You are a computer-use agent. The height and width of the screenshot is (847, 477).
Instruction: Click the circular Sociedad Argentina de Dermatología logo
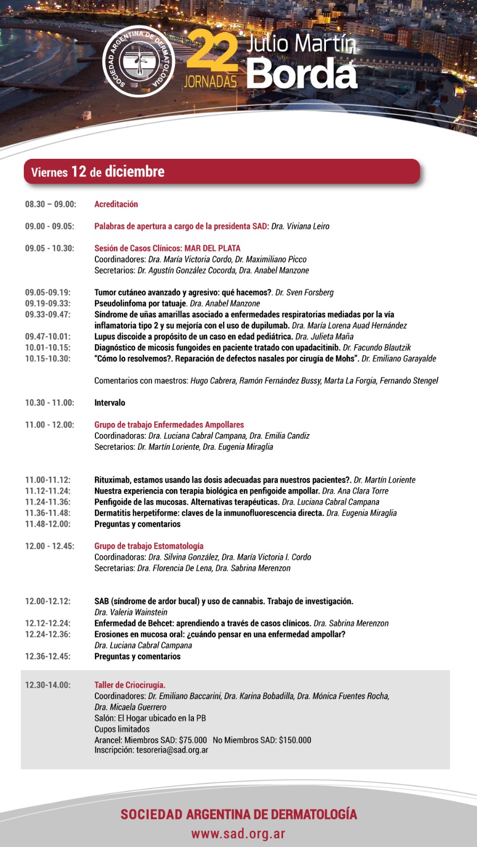pyautogui.click(x=138, y=61)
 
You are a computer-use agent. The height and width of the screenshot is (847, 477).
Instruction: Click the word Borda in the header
pyautogui.click(x=302, y=74)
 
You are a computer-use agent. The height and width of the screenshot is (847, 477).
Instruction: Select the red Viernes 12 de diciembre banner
pyautogui.click(x=222, y=172)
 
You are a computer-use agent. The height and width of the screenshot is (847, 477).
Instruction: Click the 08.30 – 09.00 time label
pyautogui.click(x=50, y=204)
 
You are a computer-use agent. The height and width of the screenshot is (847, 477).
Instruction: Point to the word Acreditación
pyautogui.click(x=116, y=204)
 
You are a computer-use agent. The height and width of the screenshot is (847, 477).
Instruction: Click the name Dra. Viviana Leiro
pyautogui.click(x=300, y=227)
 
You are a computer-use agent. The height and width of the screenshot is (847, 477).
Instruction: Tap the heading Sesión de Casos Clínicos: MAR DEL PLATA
pyautogui.click(x=167, y=248)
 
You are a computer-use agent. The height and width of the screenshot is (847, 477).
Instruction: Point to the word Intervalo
pyautogui.click(x=110, y=403)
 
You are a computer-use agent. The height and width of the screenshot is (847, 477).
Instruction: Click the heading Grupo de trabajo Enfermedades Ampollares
pyautogui.click(x=169, y=425)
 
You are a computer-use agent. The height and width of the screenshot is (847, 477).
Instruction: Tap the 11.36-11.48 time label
pyautogui.click(x=48, y=513)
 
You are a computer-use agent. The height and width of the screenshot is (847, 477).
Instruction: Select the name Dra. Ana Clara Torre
pyautogui.click(x=355, y=491)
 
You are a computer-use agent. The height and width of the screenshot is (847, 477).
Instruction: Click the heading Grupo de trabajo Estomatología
pyautogui.click(x=149, y=546)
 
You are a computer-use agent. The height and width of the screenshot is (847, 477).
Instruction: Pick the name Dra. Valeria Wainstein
pyautogui.click(x=131, y=612)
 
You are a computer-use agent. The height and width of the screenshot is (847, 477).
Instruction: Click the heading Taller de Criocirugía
pyautogui.click(x=130, y=685)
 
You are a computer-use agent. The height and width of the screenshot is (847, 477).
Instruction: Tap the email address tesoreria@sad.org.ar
pyautogui.click(x=172, y=750)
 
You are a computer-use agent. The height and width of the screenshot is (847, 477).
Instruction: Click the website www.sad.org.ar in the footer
pyautogui.click(x=238, y=834)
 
